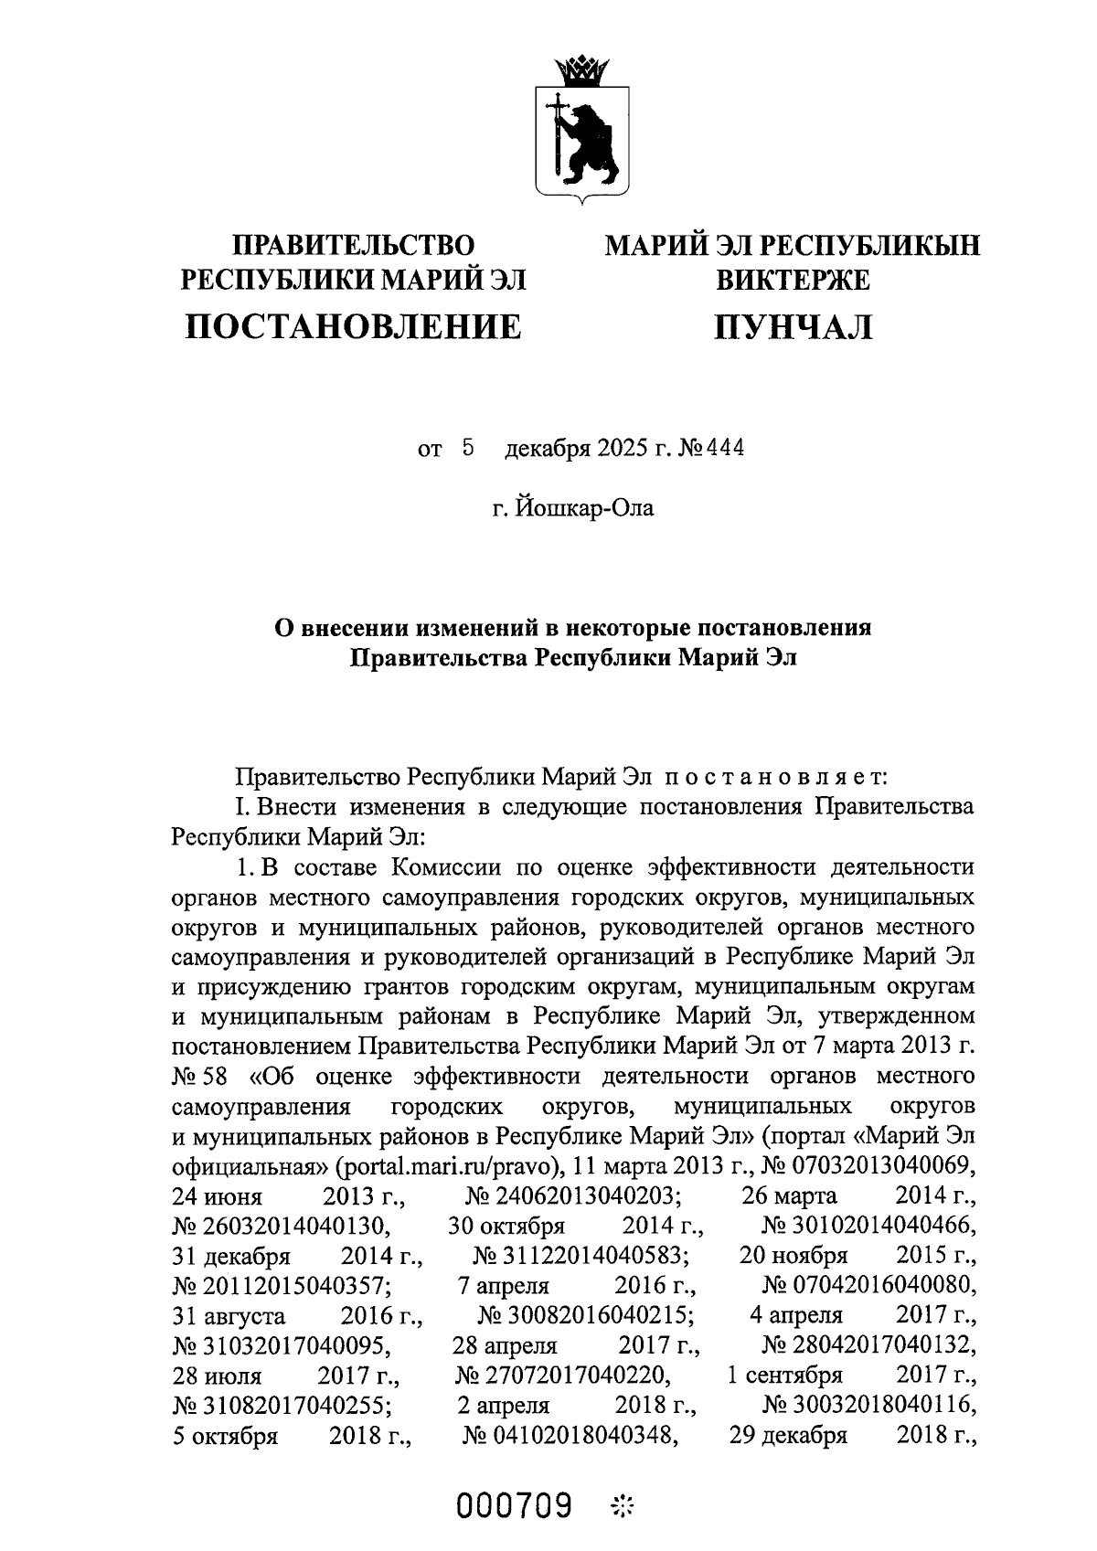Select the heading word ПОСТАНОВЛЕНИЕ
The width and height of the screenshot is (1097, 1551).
354,326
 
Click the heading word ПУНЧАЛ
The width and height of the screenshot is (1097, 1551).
793,326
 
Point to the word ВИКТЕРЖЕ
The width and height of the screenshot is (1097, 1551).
793,280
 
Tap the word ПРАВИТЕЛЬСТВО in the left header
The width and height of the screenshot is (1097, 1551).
355,246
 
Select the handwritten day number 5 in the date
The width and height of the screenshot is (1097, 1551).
469,448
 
